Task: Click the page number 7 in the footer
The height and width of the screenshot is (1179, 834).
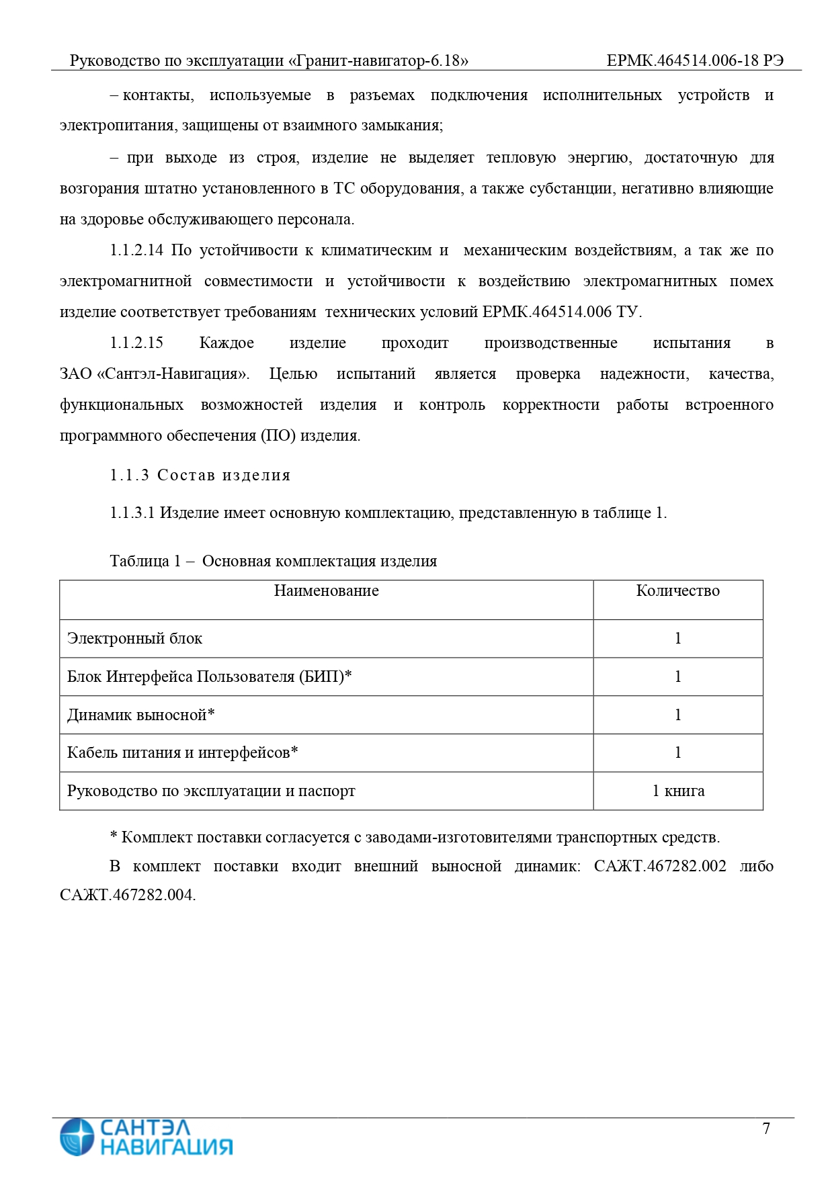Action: click(x=766, y=1128)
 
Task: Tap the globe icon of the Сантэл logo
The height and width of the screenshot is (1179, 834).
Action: click(x=77, y=1137)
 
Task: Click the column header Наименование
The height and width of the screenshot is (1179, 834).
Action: click(x=326, y=591)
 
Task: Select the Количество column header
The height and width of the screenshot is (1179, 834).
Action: click(x=677, y=591)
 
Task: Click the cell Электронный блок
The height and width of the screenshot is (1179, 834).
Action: click(x=134, y=639)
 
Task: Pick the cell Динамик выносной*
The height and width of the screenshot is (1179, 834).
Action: click(x=140, y=715)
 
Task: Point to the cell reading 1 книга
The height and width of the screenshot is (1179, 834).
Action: click(x=678, y=791)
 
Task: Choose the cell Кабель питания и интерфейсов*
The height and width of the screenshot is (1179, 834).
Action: click(x=182, y=753)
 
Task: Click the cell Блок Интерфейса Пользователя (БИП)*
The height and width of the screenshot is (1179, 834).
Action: click(x=209, y=676)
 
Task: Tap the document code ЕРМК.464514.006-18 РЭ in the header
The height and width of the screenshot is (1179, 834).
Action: click(x=694, y=60)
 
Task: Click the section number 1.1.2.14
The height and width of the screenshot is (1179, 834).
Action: click(x=136, y=251)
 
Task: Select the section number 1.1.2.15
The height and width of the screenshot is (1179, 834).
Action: click(x=136, y=343)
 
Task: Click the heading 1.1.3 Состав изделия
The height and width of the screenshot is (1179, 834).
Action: click(x=200, y=476)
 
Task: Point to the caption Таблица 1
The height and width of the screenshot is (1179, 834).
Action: click(x=145, y=562)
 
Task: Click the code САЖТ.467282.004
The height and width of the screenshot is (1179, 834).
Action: click(x=127, y=896)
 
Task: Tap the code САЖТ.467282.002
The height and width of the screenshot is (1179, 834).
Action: click(x=660, y=867)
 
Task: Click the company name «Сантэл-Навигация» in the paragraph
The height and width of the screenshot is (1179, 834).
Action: click(x=173, y=374)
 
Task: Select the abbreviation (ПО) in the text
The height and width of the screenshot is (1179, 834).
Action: click(x=279, y=436)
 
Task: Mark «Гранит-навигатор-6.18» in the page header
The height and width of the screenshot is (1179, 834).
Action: click(x=378, y=60)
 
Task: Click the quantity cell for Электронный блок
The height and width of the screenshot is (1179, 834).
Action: click(x=677, y=639)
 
